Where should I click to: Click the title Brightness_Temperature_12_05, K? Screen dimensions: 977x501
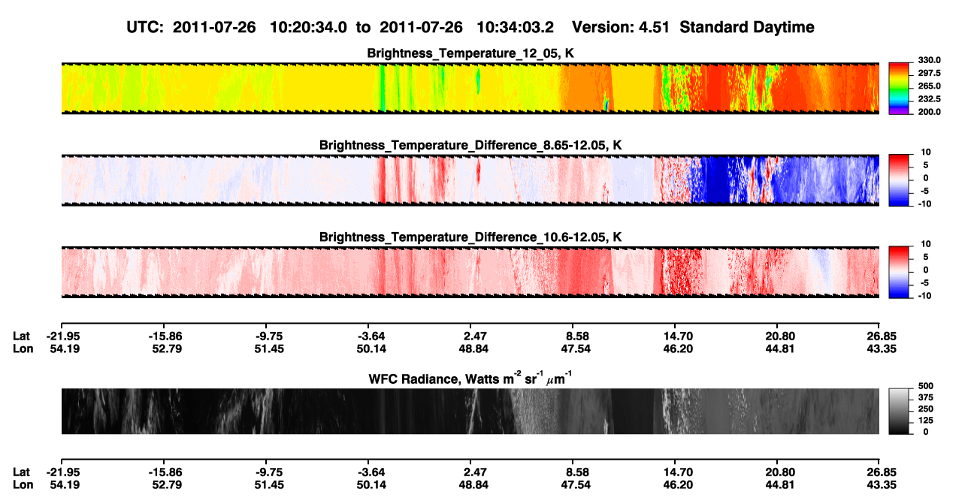click(x=470, y=53)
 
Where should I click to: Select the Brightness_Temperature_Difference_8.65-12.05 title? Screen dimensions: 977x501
click(x=470, y=145)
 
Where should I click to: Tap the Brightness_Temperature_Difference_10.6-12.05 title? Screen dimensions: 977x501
click(x=470, y=237)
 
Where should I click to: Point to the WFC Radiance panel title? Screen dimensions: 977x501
click(x=470, y=379)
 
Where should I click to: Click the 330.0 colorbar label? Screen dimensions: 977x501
click(x=929, y=60)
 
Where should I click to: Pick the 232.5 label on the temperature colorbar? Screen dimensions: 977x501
click(x=929, y=99)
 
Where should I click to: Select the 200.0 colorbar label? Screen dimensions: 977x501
click(x=929, y=112)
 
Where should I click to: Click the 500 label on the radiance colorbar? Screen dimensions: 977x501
click(x=926, y=386)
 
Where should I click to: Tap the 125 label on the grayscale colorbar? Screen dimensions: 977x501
click(x=926, y=421)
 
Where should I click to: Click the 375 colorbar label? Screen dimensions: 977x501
click(x=926, y=397)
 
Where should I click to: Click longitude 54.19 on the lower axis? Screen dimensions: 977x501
click(x=65, y=485)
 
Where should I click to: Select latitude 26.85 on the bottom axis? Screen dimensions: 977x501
click(x=882, y=472)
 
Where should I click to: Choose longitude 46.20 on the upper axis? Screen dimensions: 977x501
click(x=678, y=349)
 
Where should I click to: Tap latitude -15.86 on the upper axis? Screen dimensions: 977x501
click(x=165, y=337)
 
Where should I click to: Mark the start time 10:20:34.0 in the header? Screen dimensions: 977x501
click(x=308, y=27)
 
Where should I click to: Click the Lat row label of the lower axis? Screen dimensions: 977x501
click(x=21, y=472)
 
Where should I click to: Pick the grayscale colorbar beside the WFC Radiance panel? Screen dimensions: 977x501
click(x=900, y=411)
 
